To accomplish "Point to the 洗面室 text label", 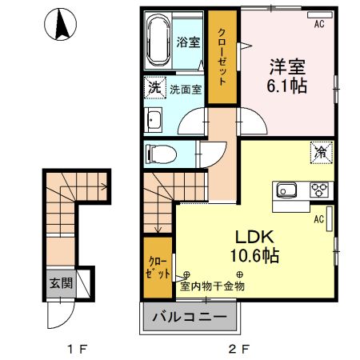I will click(185, 89).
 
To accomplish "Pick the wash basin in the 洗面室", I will click(154, 121).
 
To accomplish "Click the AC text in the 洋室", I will click(318, 25).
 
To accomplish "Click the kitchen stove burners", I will click(318, 190).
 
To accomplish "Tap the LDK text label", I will click(254, 238).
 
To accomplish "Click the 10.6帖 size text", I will click(254, 258).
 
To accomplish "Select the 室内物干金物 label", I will click(213, 286).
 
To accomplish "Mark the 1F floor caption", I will click(76, 350).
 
